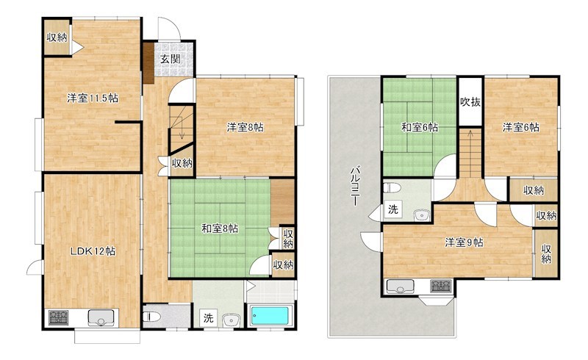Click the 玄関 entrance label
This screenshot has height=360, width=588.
170,60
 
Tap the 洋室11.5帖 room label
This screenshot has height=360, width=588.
93,98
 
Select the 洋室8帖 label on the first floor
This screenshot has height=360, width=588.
245,127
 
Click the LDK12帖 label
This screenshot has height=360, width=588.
92,251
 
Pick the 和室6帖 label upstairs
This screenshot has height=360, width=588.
419,127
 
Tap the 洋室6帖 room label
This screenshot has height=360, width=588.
520,127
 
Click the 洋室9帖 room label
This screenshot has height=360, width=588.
463,242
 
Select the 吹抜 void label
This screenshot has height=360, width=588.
470,101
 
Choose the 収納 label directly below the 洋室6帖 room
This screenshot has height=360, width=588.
534,190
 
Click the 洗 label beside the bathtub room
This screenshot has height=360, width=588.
209,319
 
